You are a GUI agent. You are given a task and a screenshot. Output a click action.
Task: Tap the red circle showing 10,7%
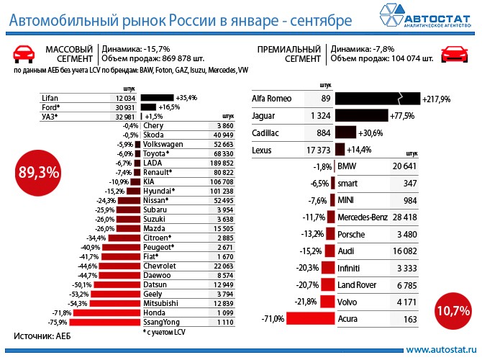tap(453, 311)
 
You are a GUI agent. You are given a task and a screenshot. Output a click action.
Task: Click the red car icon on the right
tap(454, 53)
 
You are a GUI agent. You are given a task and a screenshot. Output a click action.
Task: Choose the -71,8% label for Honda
tap(62, 313)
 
